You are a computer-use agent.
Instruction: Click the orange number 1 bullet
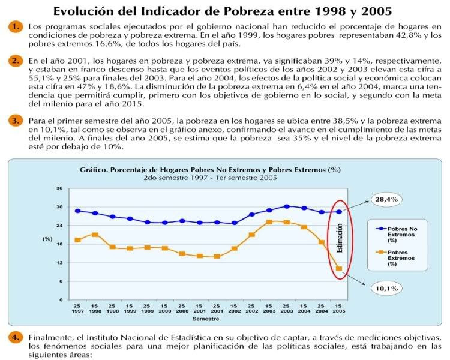[14, 26]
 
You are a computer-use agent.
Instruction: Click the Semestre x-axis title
[209, 320]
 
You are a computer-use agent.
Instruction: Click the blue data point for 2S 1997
[78, 211]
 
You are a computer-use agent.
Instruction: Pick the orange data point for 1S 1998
[95, 234]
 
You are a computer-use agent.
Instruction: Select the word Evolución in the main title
[85, 11]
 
